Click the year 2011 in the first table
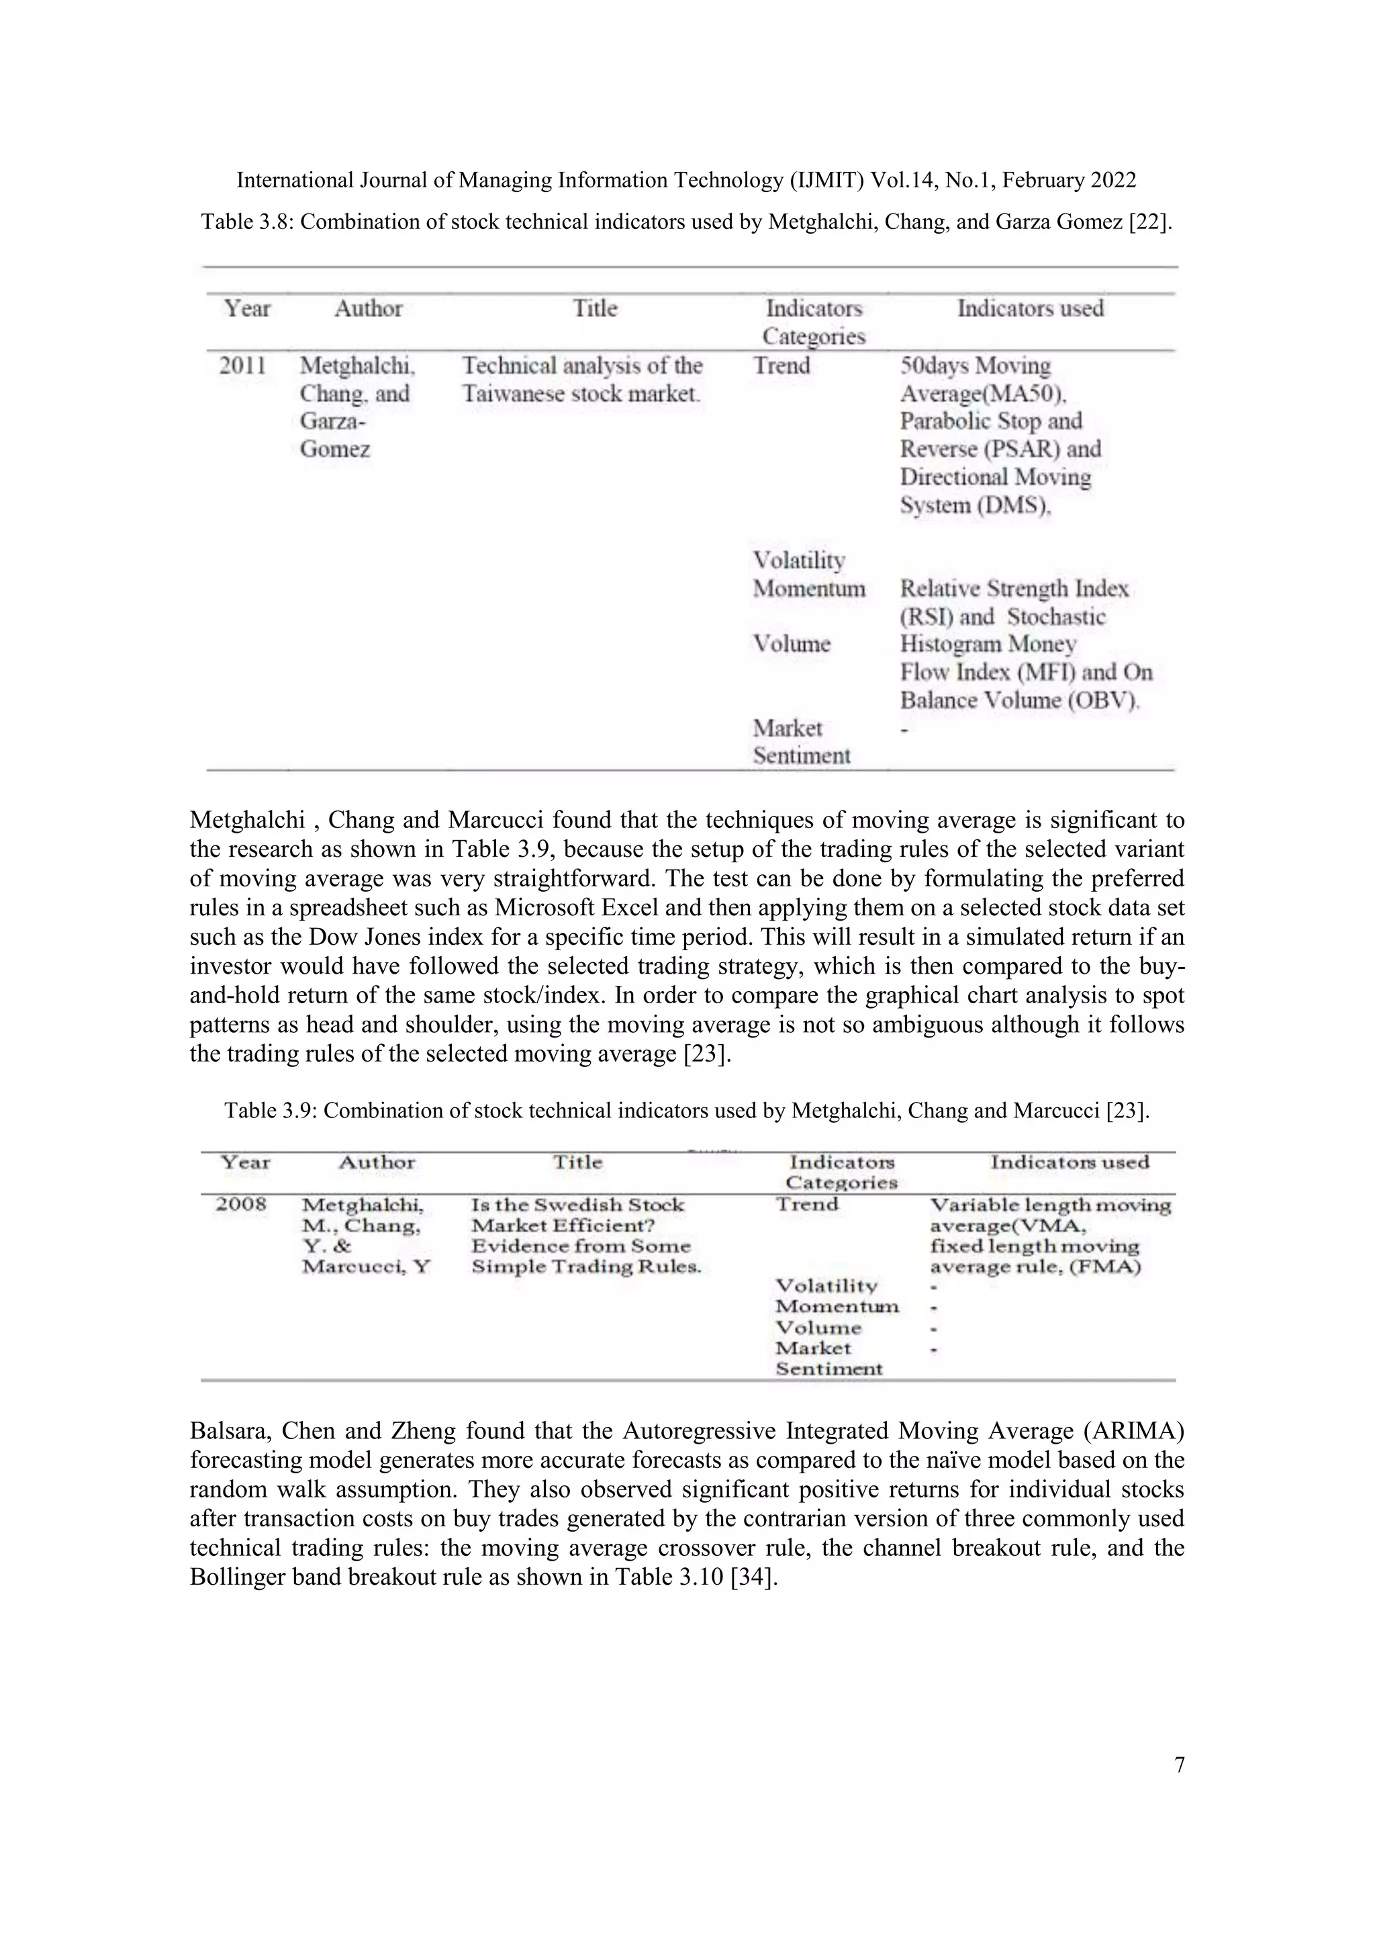(x=242, y=366)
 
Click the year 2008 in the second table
(x=241, y=1204)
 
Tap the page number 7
(x=1180, y=1765)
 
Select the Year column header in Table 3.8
(x=247, y=308)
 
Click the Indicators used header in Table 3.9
(x=1070, y=1162)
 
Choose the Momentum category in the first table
(x=808, y=588)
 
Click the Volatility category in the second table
(x=826, y=1286)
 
